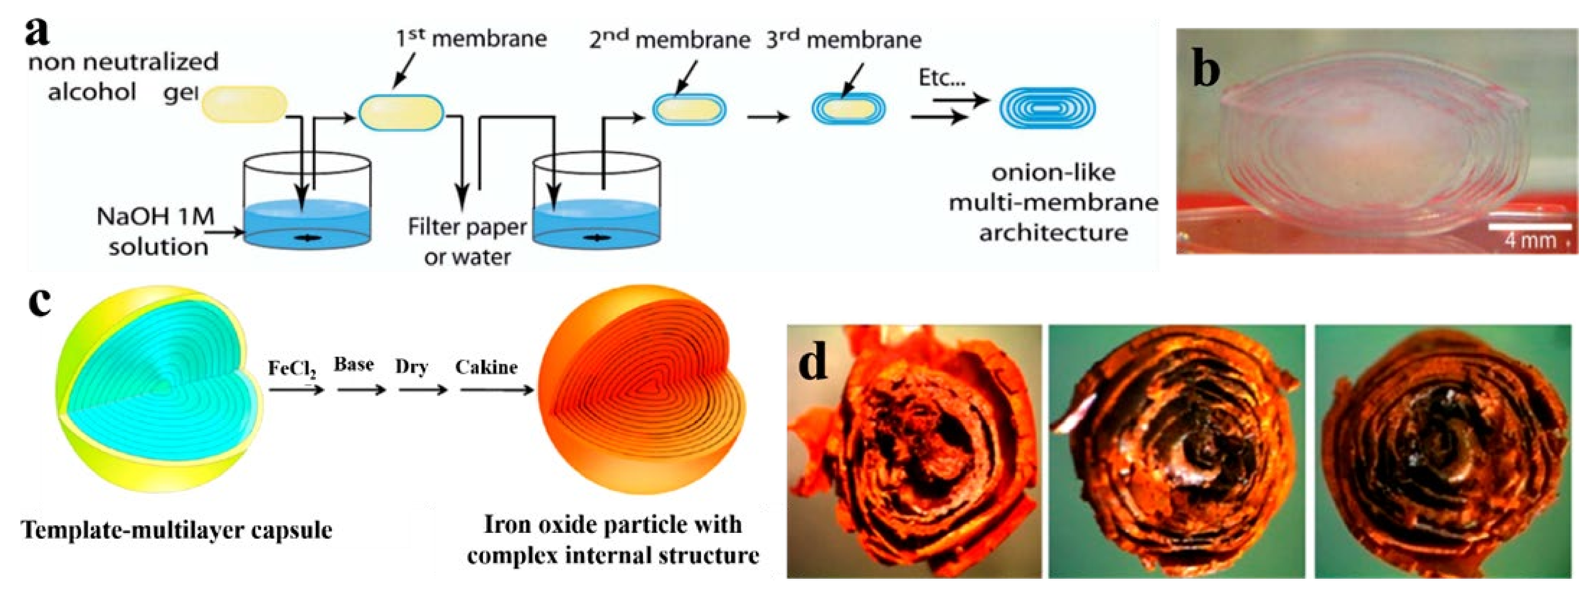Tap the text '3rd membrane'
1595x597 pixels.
coord(843,40)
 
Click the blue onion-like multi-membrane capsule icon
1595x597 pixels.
coord(1047,109)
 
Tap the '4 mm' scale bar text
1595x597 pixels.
coord(1530,240)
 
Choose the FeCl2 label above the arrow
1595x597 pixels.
coord(292,369)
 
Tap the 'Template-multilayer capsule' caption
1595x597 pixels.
coord(177,530)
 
